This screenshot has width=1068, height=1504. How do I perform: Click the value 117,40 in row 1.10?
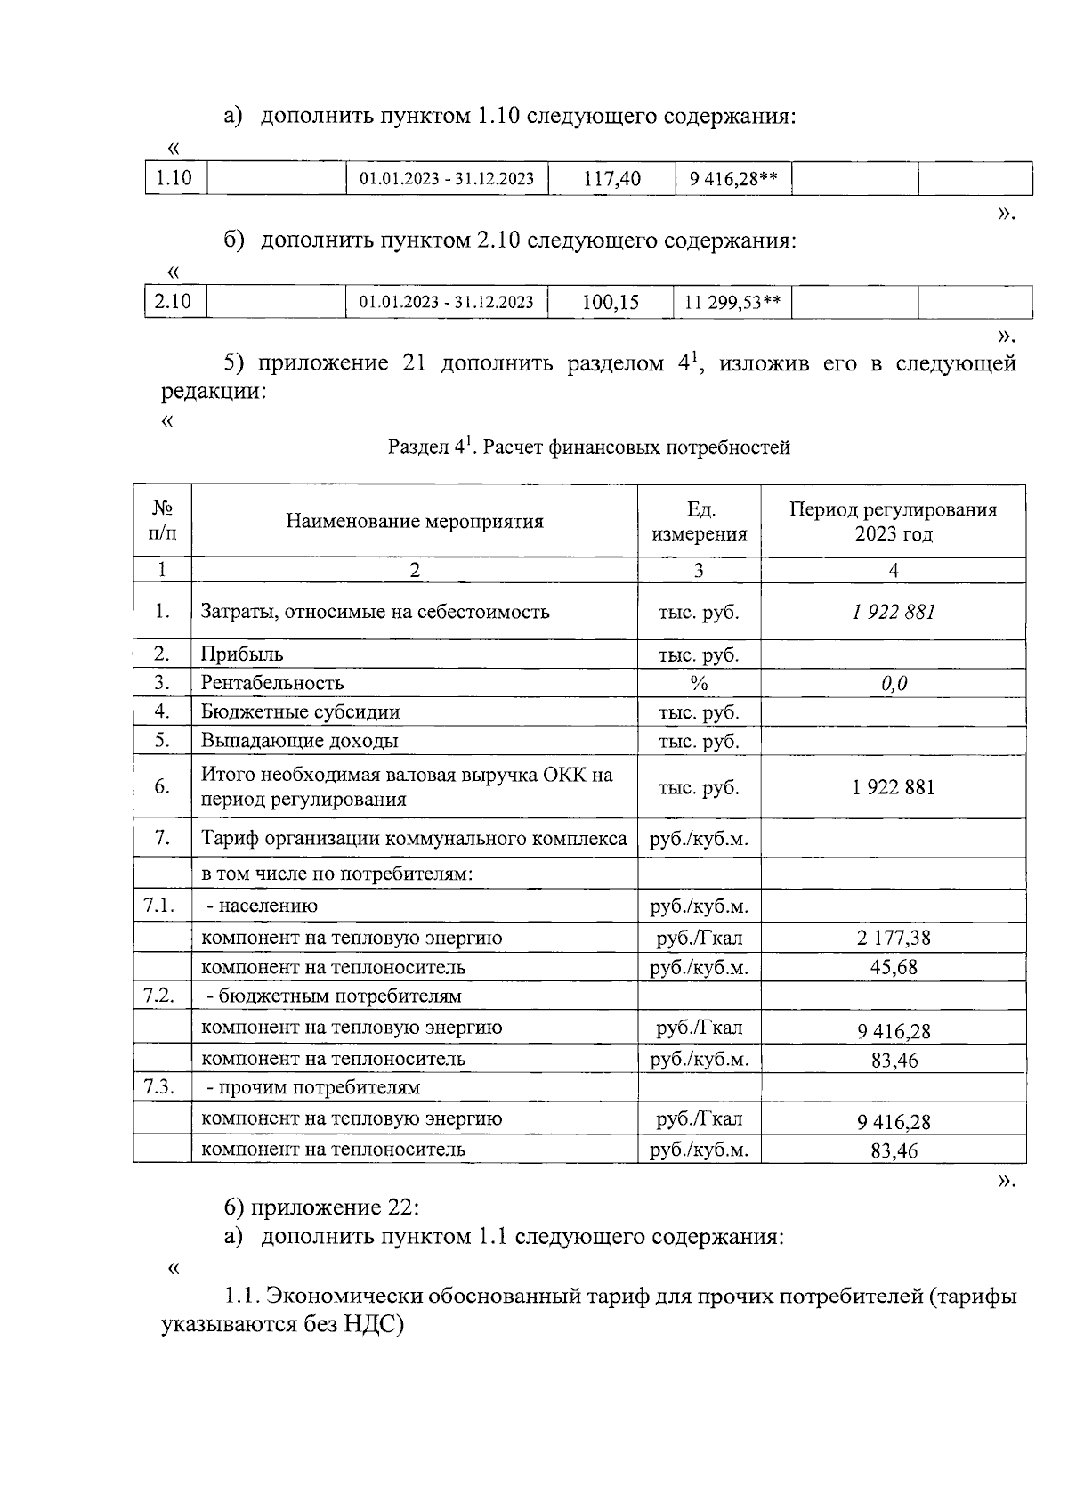click(x=611, y=179)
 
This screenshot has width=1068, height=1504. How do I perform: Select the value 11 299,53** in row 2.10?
click(x=732, y=303)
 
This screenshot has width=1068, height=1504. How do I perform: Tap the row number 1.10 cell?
click(x=174, y=178)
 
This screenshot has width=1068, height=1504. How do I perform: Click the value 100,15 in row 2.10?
click(x=611, y=303)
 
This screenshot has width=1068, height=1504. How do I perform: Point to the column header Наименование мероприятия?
click(x=414, y=522)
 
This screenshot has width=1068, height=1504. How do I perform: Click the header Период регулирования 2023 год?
click(x=893, y=522)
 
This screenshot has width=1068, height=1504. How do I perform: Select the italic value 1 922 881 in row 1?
click(x=893, y=612)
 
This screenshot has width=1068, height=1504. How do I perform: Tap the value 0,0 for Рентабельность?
click(x=893, y=684)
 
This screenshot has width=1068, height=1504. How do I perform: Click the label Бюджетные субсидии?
click(x=300, y=712)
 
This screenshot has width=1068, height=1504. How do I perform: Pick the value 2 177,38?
click(x=894, y=938)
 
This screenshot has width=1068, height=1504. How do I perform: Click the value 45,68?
click(x=894, y=967)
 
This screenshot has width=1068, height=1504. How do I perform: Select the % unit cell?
click(x=699, y=684)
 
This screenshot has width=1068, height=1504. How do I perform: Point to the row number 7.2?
click(x=159, y=996)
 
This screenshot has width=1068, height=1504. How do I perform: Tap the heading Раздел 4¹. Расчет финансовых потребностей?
click(x=588, y=448)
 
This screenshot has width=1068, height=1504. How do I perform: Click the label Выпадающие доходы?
click(x=299, y=741)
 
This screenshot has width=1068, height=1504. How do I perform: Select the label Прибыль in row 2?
click(x=242, y=654)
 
